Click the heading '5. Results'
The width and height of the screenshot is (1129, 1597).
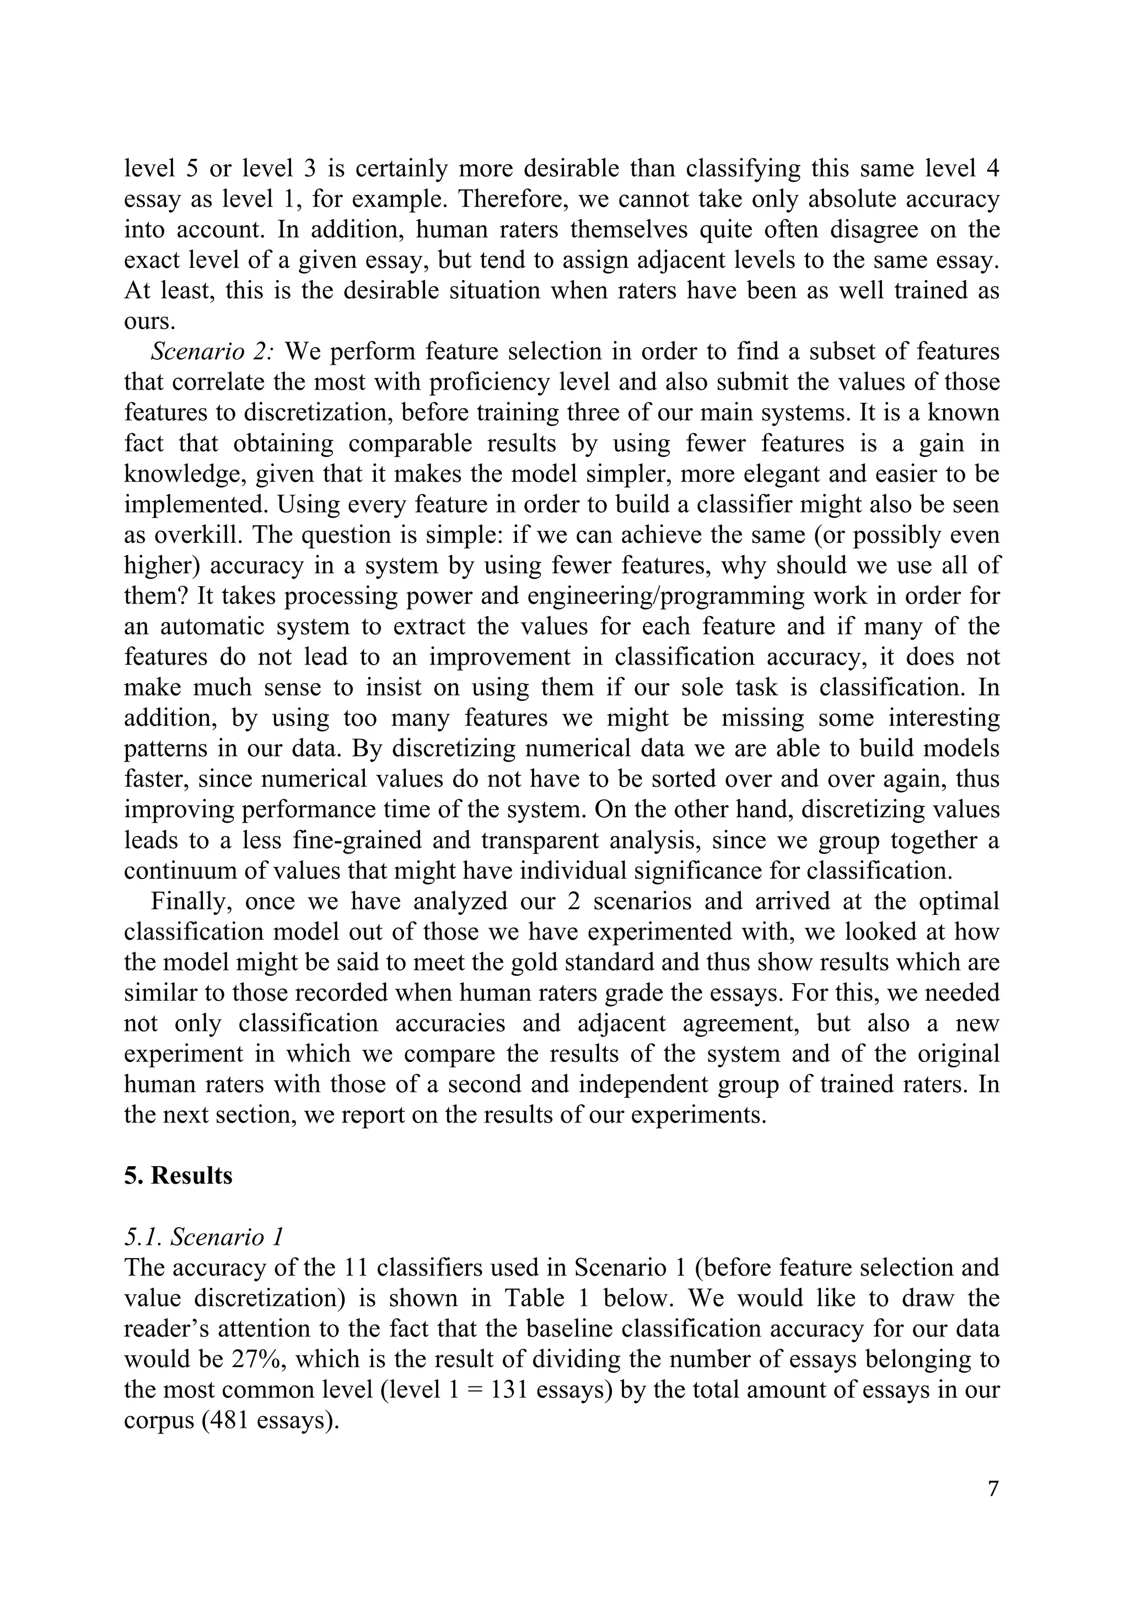(x=178, y=1175)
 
